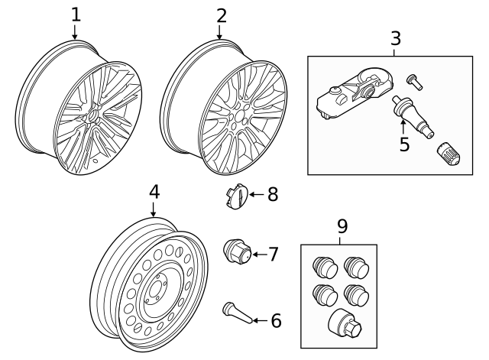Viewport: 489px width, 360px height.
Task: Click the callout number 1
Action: (75, 15)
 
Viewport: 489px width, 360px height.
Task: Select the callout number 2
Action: (221, 15)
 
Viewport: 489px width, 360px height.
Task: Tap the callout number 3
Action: (395, 38)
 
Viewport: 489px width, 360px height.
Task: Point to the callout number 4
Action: (154, 191)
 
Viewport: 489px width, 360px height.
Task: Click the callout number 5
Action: (404, 144)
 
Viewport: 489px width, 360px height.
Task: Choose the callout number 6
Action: (276, 320)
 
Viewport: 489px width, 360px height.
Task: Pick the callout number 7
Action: (274, 254)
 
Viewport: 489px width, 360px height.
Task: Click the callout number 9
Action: (342, 226)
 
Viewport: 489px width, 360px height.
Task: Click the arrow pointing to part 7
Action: (258, 254)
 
